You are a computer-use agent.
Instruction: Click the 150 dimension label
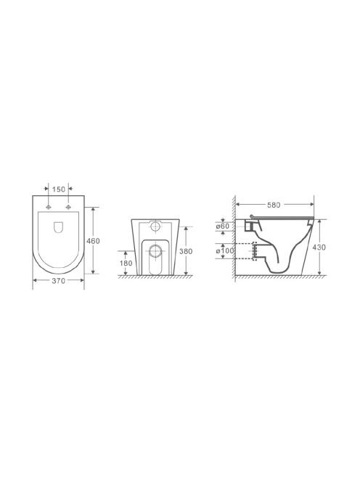58,189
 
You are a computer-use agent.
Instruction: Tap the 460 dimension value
93,241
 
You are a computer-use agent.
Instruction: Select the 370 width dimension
58,281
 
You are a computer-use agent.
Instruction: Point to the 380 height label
186,251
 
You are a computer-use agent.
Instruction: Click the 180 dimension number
126,263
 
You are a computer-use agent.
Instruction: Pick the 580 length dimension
274,205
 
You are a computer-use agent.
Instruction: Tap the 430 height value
319,247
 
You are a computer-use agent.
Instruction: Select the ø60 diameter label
223,226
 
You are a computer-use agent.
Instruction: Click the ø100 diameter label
225,251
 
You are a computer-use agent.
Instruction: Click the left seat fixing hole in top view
49,207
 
